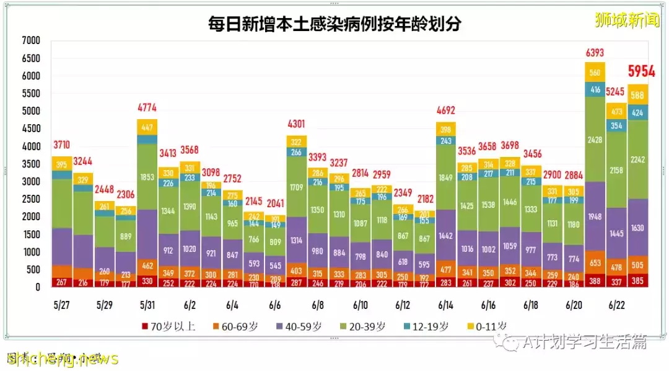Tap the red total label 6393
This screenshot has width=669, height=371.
(x=595, y=52)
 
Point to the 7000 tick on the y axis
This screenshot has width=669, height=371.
(x=30, y=41)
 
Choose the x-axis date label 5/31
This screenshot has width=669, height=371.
(x=147, y=305)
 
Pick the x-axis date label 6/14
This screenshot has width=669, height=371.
(x=446, y=305)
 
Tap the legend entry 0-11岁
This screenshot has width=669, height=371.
(x=476, y=326)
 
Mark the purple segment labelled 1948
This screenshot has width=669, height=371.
(x=595, y=217)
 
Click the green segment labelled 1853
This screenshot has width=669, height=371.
(x=147, y=177)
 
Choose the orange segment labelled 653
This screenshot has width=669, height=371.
(x=595, y=262)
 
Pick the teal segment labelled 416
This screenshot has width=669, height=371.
(x=595, y=90)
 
